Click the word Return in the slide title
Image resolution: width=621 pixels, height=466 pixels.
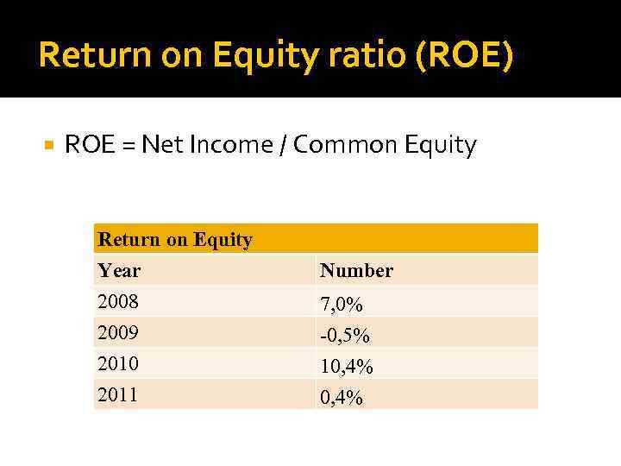(83, 55)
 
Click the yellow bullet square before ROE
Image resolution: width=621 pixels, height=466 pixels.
(48, 145)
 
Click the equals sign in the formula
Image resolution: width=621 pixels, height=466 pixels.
(126, 146)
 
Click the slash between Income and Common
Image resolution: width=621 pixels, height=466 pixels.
(283, 146)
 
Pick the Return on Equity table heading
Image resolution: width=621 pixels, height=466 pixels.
(175, 239)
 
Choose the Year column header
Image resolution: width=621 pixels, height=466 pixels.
(119, 270)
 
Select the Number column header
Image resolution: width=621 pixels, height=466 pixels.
(356, 270)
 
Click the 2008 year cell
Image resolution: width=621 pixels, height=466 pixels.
(118, 301)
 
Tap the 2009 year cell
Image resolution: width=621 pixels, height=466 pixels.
(118, 332)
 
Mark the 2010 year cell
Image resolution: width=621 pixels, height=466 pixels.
(118, 363)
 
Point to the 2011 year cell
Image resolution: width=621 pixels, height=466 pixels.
(118, 394)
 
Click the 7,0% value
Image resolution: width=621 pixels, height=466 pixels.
(342, 305)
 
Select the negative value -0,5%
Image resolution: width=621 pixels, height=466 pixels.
(345, 335)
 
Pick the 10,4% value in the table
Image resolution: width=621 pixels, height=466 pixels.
(347, 367)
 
